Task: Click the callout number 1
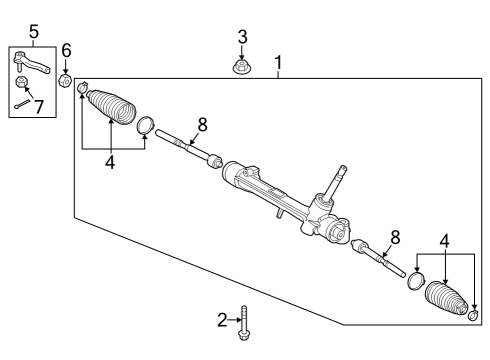click(x=279, y=62)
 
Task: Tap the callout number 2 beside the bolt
click(x=223, y=319)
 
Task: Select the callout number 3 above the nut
click(x=242, y=37)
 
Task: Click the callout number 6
click(x=66, y=50)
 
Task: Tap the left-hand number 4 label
click(x=110, y=162)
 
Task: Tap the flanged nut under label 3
click(x=242, y=68)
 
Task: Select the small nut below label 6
click(x=66, y=79)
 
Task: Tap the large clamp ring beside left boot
click(x=146, y=125)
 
